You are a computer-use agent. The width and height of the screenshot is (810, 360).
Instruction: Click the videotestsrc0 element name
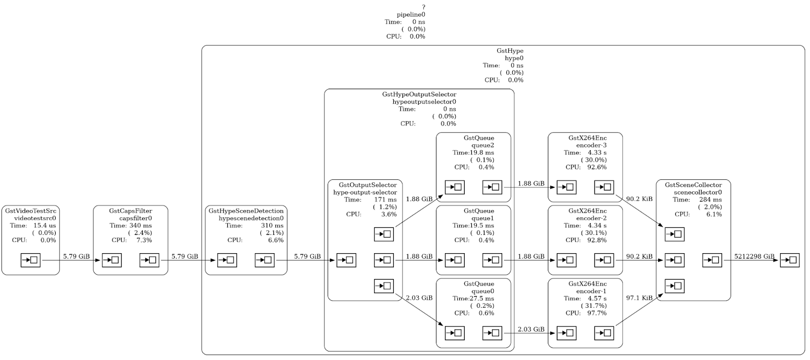pyautogui.click(x=35, y=218)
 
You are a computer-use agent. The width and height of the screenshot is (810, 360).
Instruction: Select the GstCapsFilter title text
pyautogui.click(x=131, y=211)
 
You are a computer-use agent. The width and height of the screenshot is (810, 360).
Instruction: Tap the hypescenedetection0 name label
pyautogui.click(x=251, y=218)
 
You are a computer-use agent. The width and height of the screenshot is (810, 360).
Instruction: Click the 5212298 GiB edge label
pyautogui.click(x=754, y=256)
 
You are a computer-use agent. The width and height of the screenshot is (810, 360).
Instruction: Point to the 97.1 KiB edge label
pyautogui.click(x=639, y=298)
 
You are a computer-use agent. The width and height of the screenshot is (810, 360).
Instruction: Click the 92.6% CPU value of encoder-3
pyautogui.click(x=597, y=167)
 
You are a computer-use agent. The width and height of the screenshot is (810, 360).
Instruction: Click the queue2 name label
pyautogui.click(x=483, y=145)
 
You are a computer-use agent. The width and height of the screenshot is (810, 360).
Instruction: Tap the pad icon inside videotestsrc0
pyautogui.click(x=30, y=260)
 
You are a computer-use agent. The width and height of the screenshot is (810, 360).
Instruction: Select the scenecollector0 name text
pyautogui.click(x=698, y=192)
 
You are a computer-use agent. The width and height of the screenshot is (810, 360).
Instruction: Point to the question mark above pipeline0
pyautogui.click(x=423, y=8)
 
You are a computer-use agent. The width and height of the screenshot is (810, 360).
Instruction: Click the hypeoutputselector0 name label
pyautogui.click(x=424, y=102)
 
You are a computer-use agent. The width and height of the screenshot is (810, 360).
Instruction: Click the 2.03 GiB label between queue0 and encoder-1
pyautogui.click(x=531, y=329)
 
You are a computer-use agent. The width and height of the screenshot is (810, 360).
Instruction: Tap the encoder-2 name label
pyautogui.click(x=591, y=218)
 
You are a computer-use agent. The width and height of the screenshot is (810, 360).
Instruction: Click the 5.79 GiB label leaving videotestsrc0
pyautogui.click(x=76, y=256)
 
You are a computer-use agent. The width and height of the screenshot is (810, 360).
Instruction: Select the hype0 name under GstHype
pyautogui.click(x=514, y=58)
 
